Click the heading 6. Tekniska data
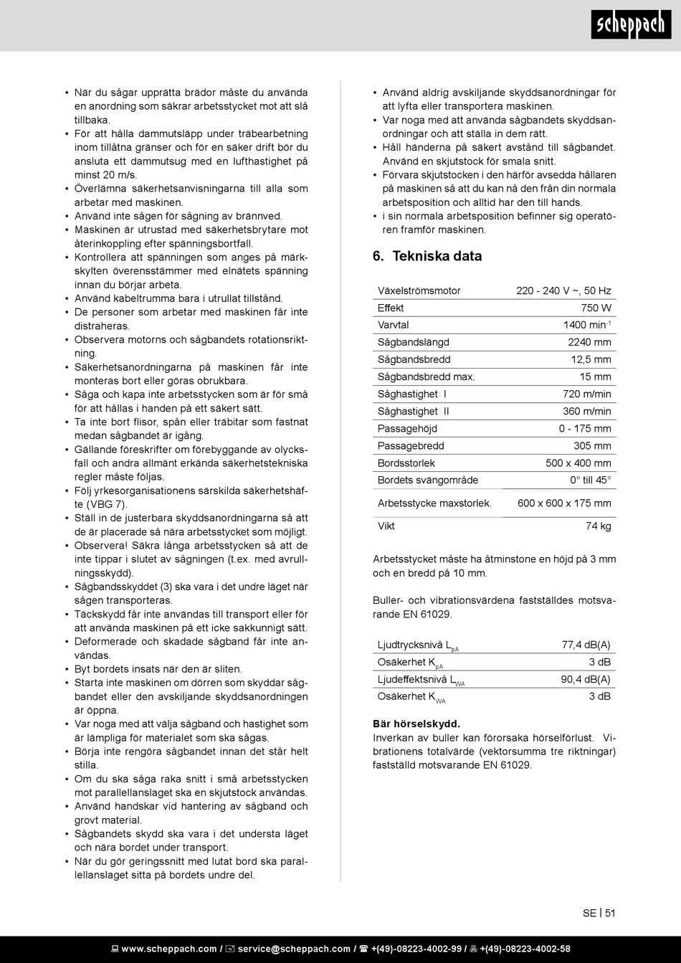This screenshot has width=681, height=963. [427, 256]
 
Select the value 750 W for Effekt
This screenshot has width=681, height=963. [596, 308]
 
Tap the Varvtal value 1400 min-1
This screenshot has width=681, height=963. [587, 326]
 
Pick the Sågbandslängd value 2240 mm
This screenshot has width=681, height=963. [589, 343]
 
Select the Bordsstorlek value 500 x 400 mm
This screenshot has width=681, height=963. [578, 463]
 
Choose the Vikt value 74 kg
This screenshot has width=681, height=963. [598, 526]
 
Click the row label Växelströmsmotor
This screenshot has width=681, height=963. [419, 291]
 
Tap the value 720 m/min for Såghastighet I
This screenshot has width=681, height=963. [586, 394]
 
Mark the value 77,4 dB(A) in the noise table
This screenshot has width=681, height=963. [586, 645]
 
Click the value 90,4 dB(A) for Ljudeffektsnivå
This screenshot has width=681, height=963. [585, 680]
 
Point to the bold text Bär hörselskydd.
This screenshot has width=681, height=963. [416, 724]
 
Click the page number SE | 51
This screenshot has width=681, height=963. [599, 913]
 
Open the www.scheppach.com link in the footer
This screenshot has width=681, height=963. [168, 949]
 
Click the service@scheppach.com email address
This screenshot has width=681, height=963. [294, 949]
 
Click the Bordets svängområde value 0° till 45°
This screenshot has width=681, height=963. [591, 480]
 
